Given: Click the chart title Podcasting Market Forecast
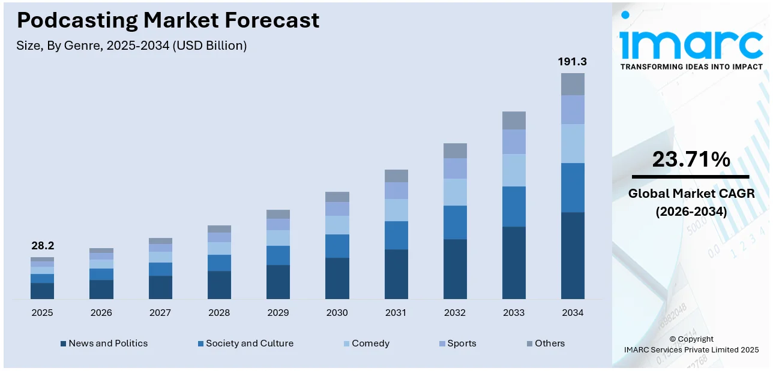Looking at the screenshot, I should coord(168,20).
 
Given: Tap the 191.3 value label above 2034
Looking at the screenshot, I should coord(572,62).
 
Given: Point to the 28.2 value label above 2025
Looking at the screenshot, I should coord(42,246).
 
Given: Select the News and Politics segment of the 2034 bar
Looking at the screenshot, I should coord(573,255).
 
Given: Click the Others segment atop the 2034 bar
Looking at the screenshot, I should coord(573,84).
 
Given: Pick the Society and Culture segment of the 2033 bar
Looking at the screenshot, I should coord(514,206).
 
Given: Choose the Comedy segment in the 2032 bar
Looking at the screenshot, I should coord(455,192).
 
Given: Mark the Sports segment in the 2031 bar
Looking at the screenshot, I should coord(396,191).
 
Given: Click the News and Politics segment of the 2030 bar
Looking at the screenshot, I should coord(337,278).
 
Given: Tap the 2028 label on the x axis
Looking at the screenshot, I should coord(219,313).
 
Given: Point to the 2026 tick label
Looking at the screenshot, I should coord(101,313).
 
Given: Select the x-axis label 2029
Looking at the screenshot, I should coord(278,313).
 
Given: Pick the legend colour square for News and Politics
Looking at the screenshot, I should coord(63,344).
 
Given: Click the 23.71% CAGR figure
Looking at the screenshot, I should coord(690,159).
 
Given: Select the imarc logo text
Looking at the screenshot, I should coord(690,42).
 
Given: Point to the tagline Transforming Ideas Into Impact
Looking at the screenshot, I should coord(691,67).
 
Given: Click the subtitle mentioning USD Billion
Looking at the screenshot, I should coord(131,46).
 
